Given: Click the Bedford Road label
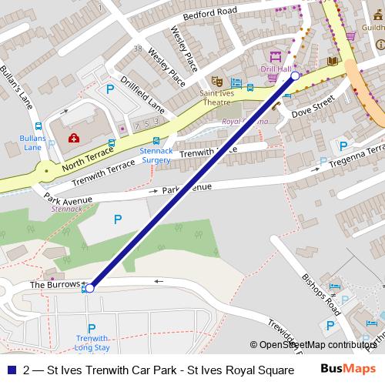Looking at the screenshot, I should (x=209, y=15).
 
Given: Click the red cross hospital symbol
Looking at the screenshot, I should (x=74, y=139).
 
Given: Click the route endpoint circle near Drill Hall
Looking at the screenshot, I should (x=295, y=76).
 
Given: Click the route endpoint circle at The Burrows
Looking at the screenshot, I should (x=90, y=288).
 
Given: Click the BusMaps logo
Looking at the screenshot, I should (x=350, y=370).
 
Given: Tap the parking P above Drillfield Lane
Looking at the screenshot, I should (x=109, y=90).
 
